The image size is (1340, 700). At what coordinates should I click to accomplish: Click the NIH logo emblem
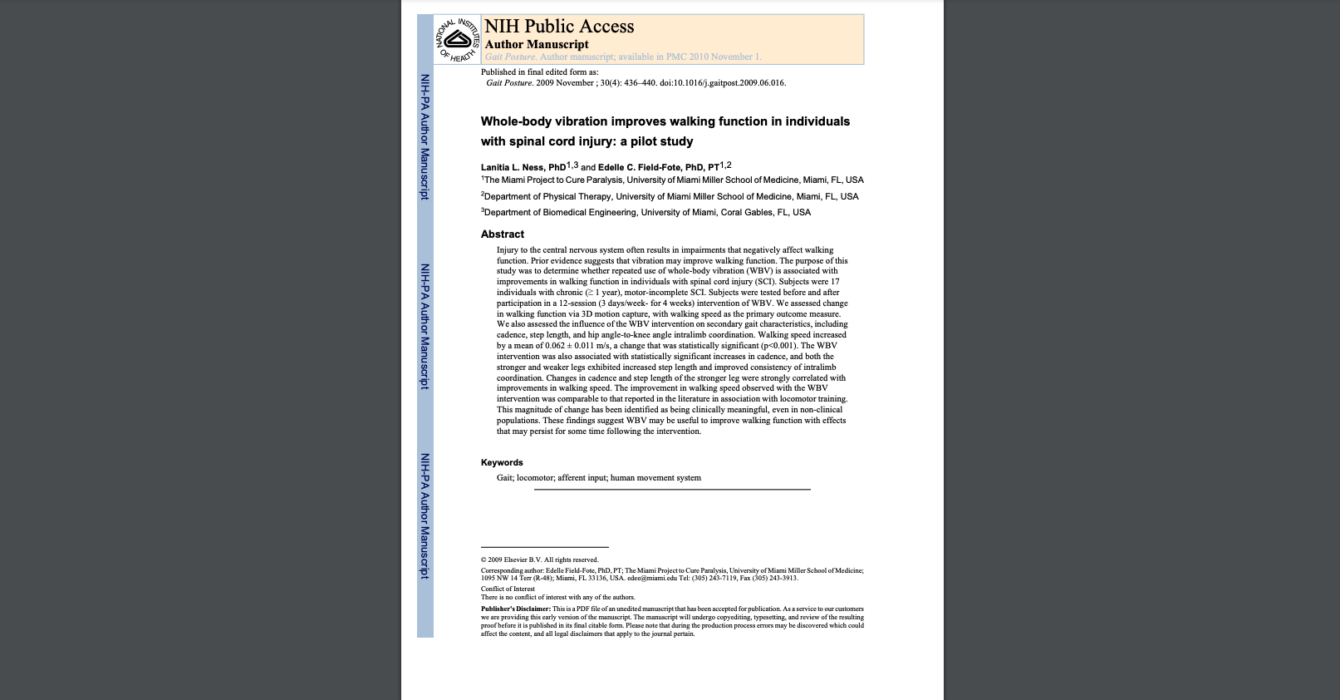457,39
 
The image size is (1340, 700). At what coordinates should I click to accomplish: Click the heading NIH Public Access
559,27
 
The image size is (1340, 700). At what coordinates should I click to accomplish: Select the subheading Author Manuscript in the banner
537,45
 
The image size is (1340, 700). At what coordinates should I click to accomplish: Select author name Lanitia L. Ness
523,167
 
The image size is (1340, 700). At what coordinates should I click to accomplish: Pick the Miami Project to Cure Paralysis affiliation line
673,180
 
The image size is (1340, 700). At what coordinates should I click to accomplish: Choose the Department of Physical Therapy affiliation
670,196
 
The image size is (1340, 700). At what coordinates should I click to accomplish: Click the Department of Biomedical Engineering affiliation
646,212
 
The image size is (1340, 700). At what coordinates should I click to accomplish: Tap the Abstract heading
503,234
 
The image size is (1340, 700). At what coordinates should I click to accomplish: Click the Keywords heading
502,463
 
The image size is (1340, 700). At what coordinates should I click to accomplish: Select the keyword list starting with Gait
599,478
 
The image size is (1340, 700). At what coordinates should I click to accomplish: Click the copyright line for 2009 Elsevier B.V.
539,560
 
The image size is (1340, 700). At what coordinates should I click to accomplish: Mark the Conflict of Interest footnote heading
508,589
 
